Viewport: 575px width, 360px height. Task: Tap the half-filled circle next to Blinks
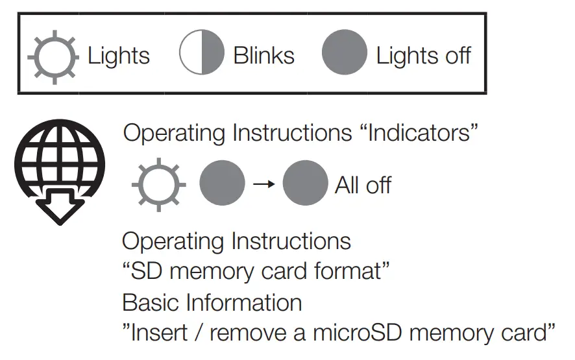tap(202, 53)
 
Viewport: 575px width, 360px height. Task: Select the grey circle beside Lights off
tap(345, 53)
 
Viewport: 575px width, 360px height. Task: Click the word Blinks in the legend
tap(263, 56)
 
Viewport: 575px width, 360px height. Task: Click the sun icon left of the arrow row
tap(159, 186)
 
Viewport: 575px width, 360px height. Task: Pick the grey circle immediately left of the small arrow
tap(222, 184)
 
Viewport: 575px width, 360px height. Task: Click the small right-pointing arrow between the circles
tap(263, 184)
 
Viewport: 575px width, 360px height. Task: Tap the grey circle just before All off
tap(305, 184)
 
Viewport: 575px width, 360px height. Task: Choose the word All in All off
tap(349, 186)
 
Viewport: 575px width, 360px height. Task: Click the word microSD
tap(353, 333)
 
